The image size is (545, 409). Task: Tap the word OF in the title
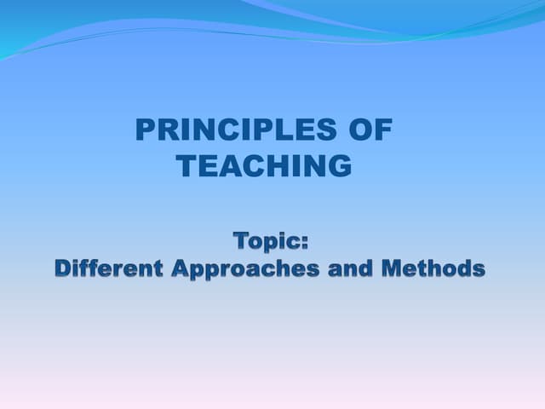click(x=371, y=130)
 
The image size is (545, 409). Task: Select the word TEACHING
click(x=265, y=166)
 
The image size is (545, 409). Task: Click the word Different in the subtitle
click(x=108, y=268)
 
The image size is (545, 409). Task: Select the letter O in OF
click(x=361, y=130)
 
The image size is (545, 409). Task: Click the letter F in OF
click(x=384, y=130)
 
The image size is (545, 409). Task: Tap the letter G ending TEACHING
click(x=338, y=166)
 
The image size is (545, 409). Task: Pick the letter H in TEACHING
click(x=274, y=166)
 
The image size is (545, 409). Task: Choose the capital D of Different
click(x=65, y=268)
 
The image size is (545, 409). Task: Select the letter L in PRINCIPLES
click(x=294, y=130)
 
